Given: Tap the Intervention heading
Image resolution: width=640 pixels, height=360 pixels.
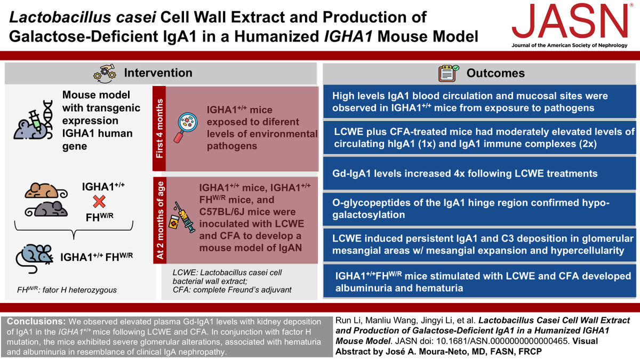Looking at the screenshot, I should click(x=158, y=73).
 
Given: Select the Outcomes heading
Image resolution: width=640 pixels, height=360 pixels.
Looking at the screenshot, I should click(x=495, y=73).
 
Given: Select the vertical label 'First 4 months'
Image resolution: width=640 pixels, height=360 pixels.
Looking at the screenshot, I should click(x=160, y=126).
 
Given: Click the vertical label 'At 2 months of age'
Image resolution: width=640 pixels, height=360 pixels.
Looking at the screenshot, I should click(x=160, y=220).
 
